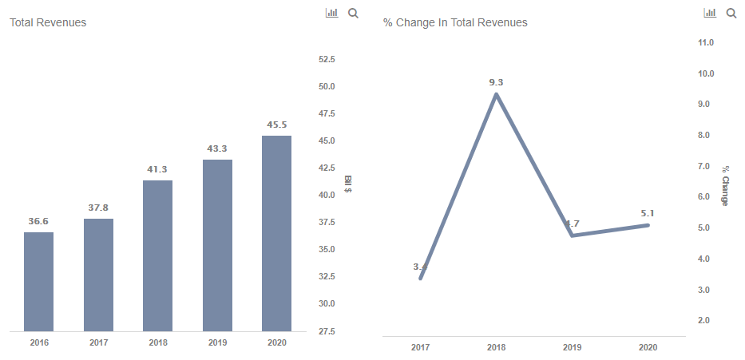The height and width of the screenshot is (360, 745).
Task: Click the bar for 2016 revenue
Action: pos(38,281)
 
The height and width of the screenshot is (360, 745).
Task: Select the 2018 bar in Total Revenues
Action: pos(157,255)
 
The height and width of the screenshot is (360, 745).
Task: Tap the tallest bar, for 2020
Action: pos(276,233)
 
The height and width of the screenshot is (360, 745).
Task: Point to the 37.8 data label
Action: pos(98,208)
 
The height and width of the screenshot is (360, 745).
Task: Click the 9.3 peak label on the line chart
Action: pos(496,82)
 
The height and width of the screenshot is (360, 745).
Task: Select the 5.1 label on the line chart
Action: pos(648,213)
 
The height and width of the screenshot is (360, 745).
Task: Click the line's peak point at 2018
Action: pos(496,94)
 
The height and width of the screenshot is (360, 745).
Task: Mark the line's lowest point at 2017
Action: pos(420,278)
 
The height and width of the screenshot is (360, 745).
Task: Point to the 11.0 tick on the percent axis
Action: pos(705,42)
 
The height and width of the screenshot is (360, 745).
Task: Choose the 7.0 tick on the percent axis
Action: pos(705,166)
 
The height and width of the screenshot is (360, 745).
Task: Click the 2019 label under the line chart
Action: pos(572,348)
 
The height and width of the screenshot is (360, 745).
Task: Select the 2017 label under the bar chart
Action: pos(98,342)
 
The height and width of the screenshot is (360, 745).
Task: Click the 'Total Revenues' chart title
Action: pos(48,22)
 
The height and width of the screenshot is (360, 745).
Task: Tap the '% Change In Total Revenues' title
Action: pos(455,22)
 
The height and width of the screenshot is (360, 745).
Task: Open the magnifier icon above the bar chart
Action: pos(353,13)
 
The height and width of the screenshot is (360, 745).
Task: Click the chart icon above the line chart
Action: pos(709,13)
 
